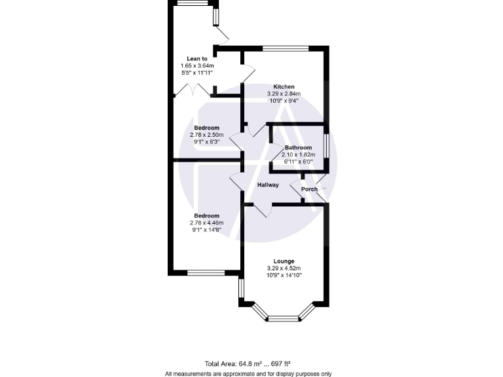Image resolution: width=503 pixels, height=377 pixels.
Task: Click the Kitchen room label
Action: [x=284, y=86]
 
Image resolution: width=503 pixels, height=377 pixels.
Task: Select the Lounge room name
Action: [x=284, y=261]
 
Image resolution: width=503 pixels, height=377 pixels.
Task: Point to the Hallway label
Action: [x=268, y=185]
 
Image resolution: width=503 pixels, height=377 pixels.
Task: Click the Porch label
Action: [x=309, y=190]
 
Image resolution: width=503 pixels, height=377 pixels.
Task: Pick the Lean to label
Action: [x=197, y=59]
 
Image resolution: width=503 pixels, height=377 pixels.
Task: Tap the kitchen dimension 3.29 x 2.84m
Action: [x=284, y=94]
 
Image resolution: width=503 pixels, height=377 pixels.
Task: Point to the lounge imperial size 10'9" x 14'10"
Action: [x=284, y=276]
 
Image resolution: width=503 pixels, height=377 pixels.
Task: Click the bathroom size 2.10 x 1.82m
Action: [x=298, y=154]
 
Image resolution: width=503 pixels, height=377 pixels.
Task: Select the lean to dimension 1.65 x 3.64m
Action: [x=197, y=66]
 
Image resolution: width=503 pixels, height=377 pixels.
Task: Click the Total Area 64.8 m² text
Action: [x=248, y=363]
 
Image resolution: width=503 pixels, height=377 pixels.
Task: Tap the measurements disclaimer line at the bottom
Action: [x=248, y=374]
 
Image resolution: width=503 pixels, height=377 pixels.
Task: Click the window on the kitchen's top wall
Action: [x=286, y=48]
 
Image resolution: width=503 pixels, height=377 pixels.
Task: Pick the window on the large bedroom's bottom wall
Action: [x=206, y=272]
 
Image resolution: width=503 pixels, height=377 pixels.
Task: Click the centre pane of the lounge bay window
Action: [x=283, y=319]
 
